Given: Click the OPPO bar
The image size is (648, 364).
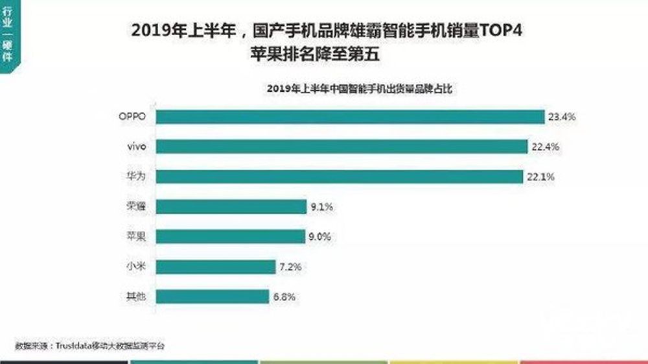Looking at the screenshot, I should tap(350, 117).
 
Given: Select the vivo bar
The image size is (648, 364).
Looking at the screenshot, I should tap(341, 147).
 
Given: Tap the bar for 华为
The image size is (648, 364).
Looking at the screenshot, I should tap(339, 176).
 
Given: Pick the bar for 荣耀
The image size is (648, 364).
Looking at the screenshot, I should tap(231, 207).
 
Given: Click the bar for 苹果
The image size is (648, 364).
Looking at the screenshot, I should tap(230, 237).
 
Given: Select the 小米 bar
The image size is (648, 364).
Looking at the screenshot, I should tap(216, 267).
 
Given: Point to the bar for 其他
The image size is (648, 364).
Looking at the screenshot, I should tap(213, 297).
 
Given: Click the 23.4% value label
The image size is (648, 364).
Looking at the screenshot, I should tap(562, 117).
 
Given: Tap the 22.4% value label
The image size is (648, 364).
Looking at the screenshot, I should tap(545, 147).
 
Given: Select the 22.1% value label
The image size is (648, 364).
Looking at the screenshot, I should tap(540, 177).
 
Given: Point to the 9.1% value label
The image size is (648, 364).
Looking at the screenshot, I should tap(321, 208).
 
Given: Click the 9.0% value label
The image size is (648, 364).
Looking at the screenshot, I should tap(319, 237).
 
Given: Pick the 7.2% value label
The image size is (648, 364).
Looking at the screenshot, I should tap(290, 267).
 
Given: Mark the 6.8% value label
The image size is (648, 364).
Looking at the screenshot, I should tap(284, 297).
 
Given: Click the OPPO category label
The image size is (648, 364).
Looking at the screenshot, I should tap(132, 117).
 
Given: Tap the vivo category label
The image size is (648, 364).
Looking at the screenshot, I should tap(136, 147).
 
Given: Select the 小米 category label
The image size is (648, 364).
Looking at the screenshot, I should tap(137, 267).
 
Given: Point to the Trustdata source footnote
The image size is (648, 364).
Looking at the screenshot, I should tap(91, 346).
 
